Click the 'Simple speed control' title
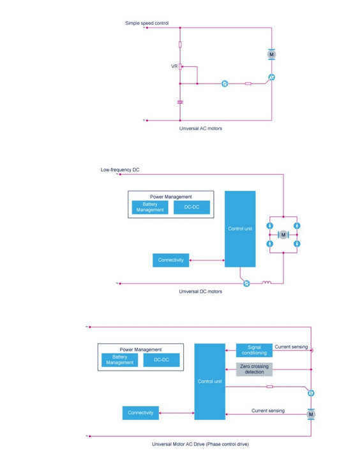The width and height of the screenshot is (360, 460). pyautogui.click(x=147, y=23)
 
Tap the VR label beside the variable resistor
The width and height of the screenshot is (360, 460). pyautogui.click(x=174, y=66)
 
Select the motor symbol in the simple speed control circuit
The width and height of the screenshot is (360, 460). pyautogui.click(x=271, y=54)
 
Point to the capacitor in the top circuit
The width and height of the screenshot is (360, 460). pyautogui.click(x=180, y=102)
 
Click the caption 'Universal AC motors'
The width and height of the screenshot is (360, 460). pyautogui.click(x=200, y=128)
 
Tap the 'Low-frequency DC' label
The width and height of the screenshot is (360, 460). pyautogui.click(x=120, y=170)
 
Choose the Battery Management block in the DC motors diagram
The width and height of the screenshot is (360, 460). pyautogui.click(x=150, y=207)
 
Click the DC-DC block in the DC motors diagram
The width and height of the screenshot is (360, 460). pyautogui.click(x=191, y=207)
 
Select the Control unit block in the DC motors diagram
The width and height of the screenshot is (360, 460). pyautogui.click(x=240, y=229)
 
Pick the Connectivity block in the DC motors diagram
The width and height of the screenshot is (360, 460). pyautogui.click(x=171, y=260)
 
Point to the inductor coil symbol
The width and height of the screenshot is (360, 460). pyautogui.click(x=266, y=283)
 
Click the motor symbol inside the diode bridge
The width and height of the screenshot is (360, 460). pyautogui.click(x=283, y=235)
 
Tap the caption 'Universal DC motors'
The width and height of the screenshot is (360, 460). pyautogui.click(x=200, y=292)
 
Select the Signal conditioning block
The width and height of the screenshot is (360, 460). pyautogui.click(x=254, y=350)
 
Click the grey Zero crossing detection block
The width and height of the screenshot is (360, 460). pyautogui.click(x=254, y=369)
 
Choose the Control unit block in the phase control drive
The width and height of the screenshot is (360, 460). pyautogui.click(x=210, y=382)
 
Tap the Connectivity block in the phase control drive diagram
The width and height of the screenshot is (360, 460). pyautogui.click(x=140, y=413)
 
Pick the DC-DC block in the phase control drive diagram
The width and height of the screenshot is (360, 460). pyautogui.click(x=161, y=360)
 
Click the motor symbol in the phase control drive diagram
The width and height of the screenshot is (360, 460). pyautogui.click(x=311, y=414)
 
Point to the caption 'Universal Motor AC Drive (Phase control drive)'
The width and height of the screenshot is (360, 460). pyautogui.click(x=200, y=444)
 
